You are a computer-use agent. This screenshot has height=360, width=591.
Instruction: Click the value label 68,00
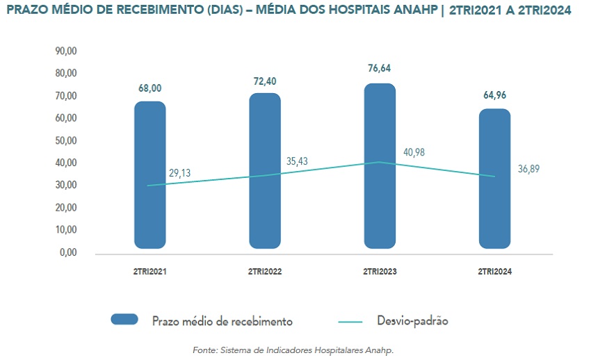pos(150,88)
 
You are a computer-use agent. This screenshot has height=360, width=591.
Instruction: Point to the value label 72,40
pos(265,81)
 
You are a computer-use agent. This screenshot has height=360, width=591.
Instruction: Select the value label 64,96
pos(495,95)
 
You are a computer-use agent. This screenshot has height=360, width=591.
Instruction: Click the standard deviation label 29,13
pos(179,173)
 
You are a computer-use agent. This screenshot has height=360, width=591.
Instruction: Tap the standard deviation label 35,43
pos(297,161)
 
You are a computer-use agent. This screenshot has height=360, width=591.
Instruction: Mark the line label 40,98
pos(414,152)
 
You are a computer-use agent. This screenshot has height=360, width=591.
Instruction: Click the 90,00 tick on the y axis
pos(66,51)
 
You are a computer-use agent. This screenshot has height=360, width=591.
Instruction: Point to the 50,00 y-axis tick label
pos(66,140)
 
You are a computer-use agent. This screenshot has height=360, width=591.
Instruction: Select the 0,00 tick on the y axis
pos(68,252)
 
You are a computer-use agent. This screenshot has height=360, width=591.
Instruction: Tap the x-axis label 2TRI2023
pos(380,272)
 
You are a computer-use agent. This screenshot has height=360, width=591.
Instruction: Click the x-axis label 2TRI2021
pos(150,272)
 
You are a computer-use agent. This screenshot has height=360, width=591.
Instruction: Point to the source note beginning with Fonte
pos(293,350)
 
